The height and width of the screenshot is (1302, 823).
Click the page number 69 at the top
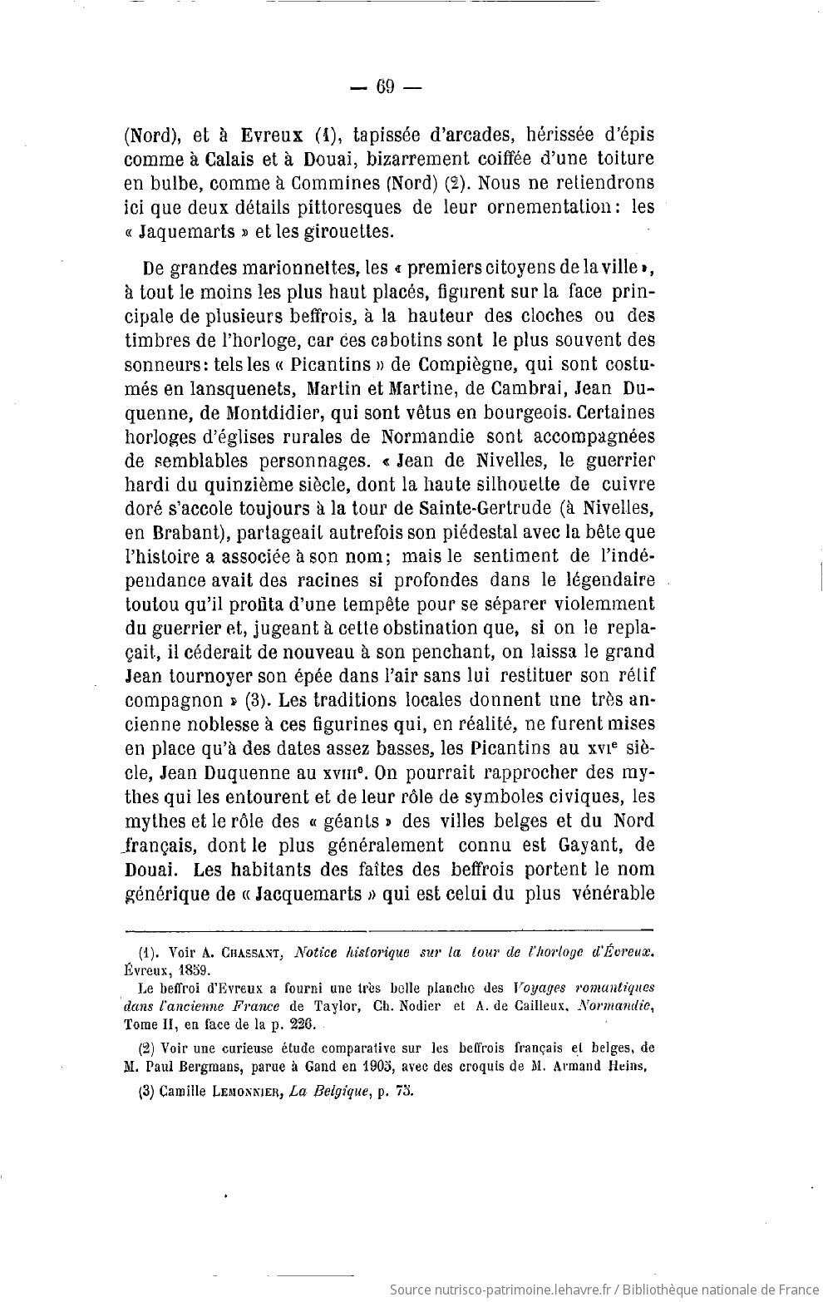(x=385, y=86)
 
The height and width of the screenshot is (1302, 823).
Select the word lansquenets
(x=237, y=388)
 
